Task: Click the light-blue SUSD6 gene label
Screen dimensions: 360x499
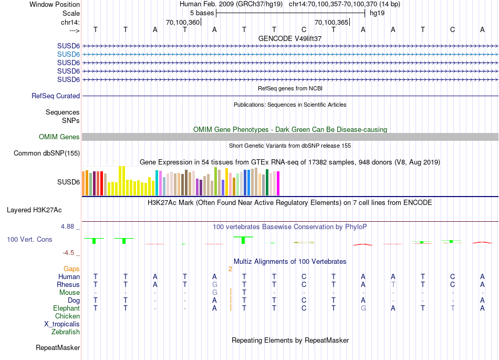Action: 68,54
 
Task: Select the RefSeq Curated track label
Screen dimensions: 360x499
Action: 56,96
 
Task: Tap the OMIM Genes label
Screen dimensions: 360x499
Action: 59,137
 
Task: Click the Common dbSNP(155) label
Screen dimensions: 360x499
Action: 47,153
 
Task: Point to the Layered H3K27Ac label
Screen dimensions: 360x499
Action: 34,210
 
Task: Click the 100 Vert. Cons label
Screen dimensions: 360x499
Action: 29,240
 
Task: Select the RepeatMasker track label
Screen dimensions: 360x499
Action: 58,348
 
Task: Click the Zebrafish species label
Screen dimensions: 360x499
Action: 66,332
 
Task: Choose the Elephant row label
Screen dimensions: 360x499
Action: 66,308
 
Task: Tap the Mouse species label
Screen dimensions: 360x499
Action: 69,293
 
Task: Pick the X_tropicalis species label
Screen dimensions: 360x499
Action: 62,324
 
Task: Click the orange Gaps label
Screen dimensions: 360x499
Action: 71,269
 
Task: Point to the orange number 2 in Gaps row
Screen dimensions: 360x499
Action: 230,269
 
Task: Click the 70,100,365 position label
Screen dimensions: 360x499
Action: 331,23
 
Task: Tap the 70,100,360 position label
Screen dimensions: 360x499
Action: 182,23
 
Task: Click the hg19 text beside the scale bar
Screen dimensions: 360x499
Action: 377,13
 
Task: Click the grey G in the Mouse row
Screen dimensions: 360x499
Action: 214,293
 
